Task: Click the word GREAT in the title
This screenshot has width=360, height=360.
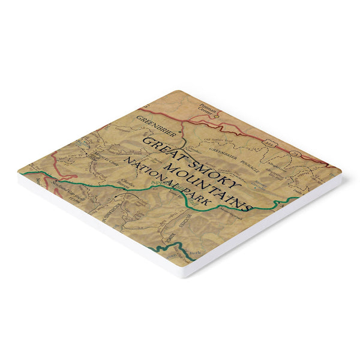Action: [158, 143]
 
